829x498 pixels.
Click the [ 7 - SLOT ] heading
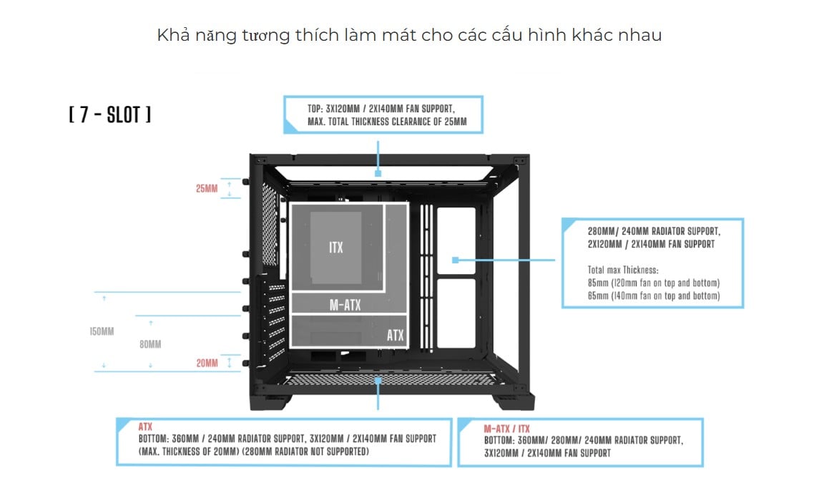(109, 115)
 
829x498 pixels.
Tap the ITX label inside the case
(336, 248)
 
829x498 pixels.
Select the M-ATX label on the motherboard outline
(345, 306)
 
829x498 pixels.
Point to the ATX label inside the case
(395, 335)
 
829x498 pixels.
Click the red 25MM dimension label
(207, 189)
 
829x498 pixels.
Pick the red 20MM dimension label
(207, 363)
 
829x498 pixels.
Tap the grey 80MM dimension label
(150, 344)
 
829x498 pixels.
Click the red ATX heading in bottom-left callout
(145, 426)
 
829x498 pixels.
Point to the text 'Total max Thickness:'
(622, 270)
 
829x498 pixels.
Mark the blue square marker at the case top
(378, 173)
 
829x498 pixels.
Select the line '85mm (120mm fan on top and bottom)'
(653, 283)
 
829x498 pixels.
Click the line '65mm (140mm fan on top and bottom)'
(653, 296)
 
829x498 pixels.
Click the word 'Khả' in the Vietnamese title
(172, 35)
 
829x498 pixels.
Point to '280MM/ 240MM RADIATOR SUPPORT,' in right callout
(654, 232)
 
